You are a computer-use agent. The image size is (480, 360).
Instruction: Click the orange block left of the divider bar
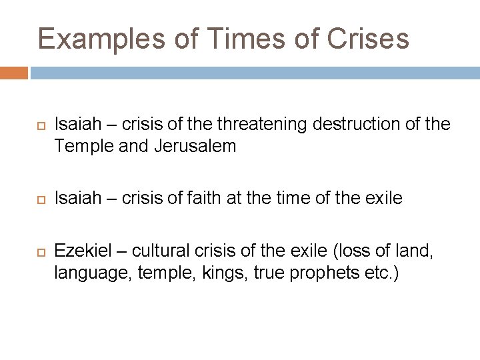[14, 73]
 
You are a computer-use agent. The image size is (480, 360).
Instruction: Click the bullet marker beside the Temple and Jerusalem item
[39, 124]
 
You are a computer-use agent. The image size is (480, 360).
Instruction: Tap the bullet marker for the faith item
[39, 198]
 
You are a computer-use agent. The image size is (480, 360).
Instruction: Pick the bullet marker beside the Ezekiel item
[39, 251]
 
